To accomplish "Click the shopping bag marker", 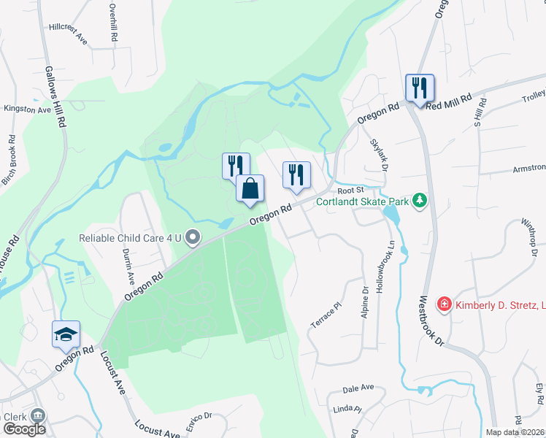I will coord(250,188).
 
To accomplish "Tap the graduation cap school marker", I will coord(66,334).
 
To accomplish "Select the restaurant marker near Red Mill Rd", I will coord(420,88).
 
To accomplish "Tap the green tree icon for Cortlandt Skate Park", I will coord(419,199).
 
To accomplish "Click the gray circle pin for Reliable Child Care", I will coord(193,237).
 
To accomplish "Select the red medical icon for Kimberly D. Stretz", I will coord(443,304).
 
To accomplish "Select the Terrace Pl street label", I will coord(326,315).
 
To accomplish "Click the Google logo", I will coord(25,429).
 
